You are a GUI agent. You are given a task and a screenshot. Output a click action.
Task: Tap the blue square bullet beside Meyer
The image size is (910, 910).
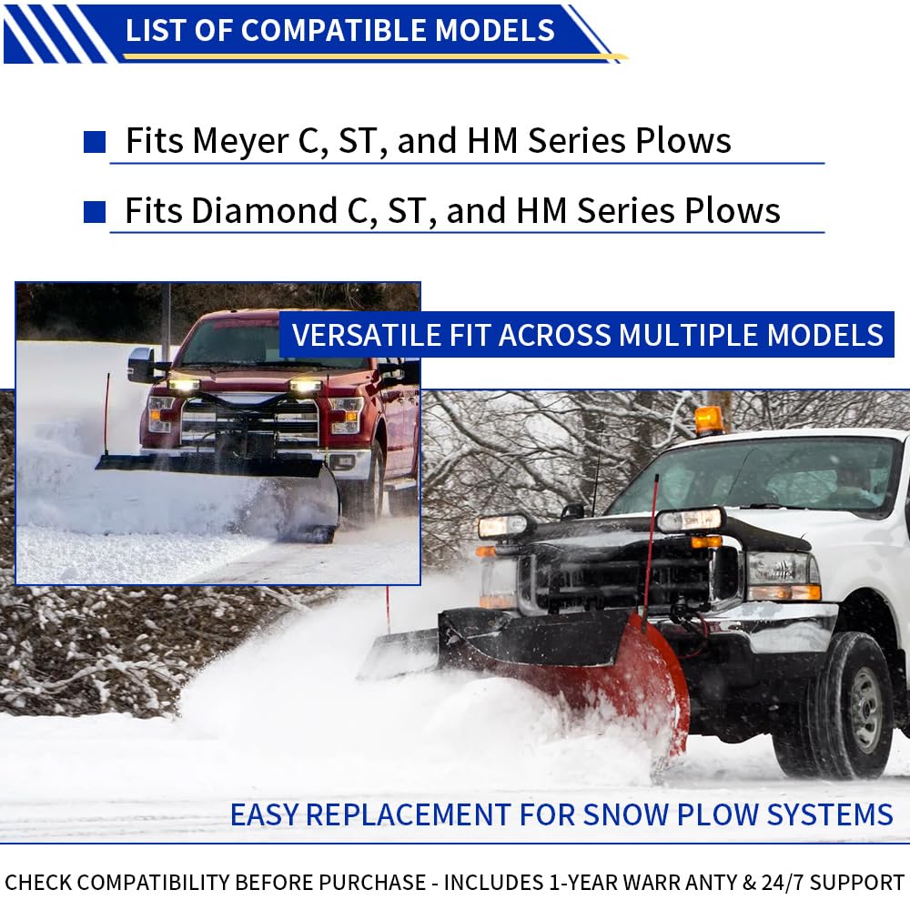(95, 142)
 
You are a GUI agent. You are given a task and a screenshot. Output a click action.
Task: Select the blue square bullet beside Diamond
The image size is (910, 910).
(95, 212)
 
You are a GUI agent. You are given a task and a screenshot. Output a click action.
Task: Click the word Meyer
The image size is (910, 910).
(239, 141)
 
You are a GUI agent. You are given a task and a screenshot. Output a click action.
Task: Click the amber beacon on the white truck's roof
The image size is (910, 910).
(708, 420)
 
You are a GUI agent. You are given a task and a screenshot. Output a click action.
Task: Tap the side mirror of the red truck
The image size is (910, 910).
(141, 364)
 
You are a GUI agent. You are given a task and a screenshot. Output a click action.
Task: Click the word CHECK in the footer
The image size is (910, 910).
(39, 882)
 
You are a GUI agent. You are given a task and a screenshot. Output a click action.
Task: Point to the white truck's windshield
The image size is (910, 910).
(755, 475)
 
